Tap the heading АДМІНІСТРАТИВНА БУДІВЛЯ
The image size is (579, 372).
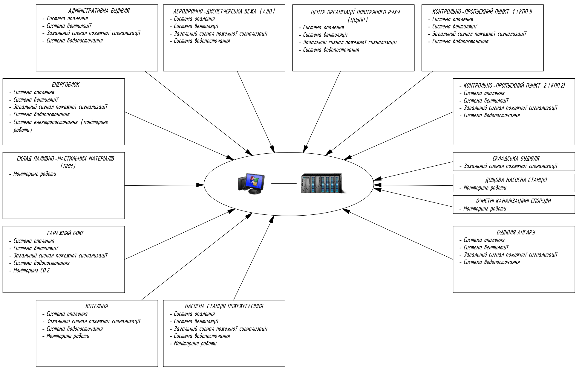coord(99,11)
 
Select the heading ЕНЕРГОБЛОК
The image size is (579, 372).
coord(66,85)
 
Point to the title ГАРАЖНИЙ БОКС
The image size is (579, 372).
coord(66,233)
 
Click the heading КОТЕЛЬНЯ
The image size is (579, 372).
coord(97,306)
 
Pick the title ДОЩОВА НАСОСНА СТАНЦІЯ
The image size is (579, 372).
coord(516,180)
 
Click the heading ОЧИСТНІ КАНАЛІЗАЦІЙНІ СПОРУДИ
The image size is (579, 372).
coord(514,201)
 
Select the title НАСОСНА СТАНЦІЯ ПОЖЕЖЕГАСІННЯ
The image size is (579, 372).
coord(224,306)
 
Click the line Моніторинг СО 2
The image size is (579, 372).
coord(31,271)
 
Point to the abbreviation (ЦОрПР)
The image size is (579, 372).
coord(358,20)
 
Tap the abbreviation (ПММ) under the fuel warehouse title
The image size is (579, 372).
coord(68,166)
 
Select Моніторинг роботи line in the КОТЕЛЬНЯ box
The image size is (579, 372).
coord(68,336)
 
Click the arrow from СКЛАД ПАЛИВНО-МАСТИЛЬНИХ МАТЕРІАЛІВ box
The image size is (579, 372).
coord(161,185)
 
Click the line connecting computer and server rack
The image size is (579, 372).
coord(284,183)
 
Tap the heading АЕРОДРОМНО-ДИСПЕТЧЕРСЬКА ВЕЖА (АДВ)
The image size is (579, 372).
coord(224,11)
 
